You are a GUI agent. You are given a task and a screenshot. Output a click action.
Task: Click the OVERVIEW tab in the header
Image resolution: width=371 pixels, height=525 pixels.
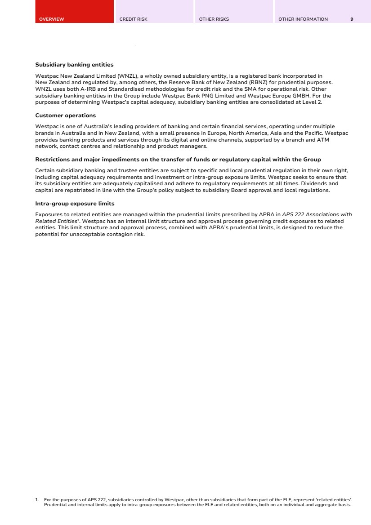(52, 19)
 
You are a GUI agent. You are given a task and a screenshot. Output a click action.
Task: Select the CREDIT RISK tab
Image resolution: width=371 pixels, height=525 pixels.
(133, 19)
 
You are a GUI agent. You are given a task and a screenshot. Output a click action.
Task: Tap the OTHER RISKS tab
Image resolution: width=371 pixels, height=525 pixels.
(214, 19)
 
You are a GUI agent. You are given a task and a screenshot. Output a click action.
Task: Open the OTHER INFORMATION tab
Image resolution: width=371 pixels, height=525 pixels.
(303, 19)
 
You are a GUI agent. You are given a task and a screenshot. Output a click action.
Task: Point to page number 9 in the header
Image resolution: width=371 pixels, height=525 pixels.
(352, 19)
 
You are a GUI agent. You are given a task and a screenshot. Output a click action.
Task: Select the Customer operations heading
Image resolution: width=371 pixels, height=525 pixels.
(65, 116)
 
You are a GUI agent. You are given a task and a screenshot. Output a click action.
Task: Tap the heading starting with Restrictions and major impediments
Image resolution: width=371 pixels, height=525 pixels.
(178, 160)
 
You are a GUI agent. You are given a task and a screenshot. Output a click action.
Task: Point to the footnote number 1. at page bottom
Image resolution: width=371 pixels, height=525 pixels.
(37, 499)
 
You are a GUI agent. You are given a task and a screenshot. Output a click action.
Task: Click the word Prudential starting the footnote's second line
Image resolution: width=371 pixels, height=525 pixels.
(54, 504)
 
